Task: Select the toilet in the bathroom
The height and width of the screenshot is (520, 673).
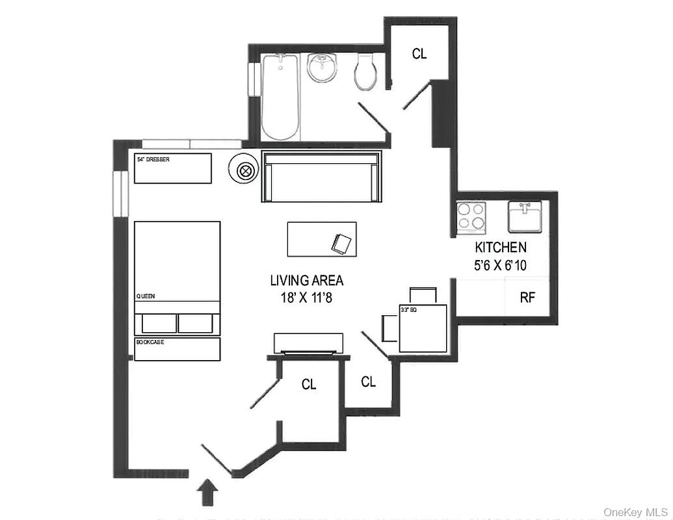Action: coord(365,71)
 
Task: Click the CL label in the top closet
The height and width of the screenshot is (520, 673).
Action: coord(419,55)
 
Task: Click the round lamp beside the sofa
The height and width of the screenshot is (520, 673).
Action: coord(245,171)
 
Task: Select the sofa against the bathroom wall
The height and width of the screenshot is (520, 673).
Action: coord(321,176)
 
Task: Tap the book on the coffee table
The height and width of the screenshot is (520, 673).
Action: coord(342,243)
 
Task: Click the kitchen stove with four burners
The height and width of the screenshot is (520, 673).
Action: coord(471,217)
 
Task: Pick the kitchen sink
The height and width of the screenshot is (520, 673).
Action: coord(525,216)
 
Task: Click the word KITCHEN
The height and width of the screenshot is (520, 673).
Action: coord(501,248)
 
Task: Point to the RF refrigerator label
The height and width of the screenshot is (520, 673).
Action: coord(527,298)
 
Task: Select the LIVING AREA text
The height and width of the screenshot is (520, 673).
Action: coord(307,281)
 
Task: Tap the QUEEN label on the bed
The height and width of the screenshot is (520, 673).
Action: coord(144,296)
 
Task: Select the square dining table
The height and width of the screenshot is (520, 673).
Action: coord(423,328)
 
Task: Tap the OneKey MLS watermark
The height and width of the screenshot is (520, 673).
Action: coord(635,512)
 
